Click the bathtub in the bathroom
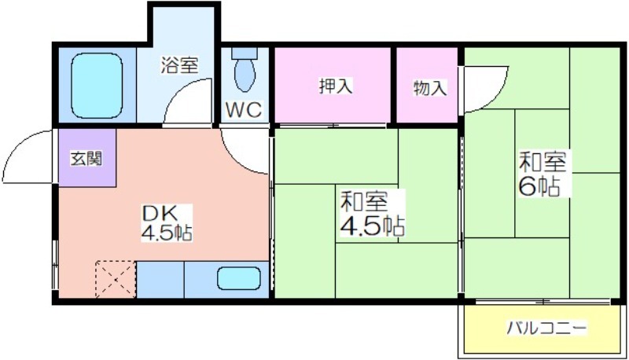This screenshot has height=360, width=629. (97, 86)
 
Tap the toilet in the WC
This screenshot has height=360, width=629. (245, 69)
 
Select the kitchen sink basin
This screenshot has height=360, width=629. (239, 278)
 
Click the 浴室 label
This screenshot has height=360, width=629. (179, 65)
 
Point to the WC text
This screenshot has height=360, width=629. (244, 109)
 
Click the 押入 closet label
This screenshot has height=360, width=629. (336, 86)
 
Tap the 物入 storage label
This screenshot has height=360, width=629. (429, 88)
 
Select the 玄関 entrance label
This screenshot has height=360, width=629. (87, 159)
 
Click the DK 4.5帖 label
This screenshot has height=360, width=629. (167, 223)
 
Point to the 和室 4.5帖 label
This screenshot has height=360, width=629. (372, 213)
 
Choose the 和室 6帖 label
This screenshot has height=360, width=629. (543, 174)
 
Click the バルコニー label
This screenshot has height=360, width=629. (546, 328)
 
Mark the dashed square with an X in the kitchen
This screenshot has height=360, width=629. (116, 279)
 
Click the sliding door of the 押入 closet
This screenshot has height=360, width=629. (332, 126)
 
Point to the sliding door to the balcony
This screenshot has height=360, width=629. (543, 301)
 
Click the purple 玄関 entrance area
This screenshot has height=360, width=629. (87, 158)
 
